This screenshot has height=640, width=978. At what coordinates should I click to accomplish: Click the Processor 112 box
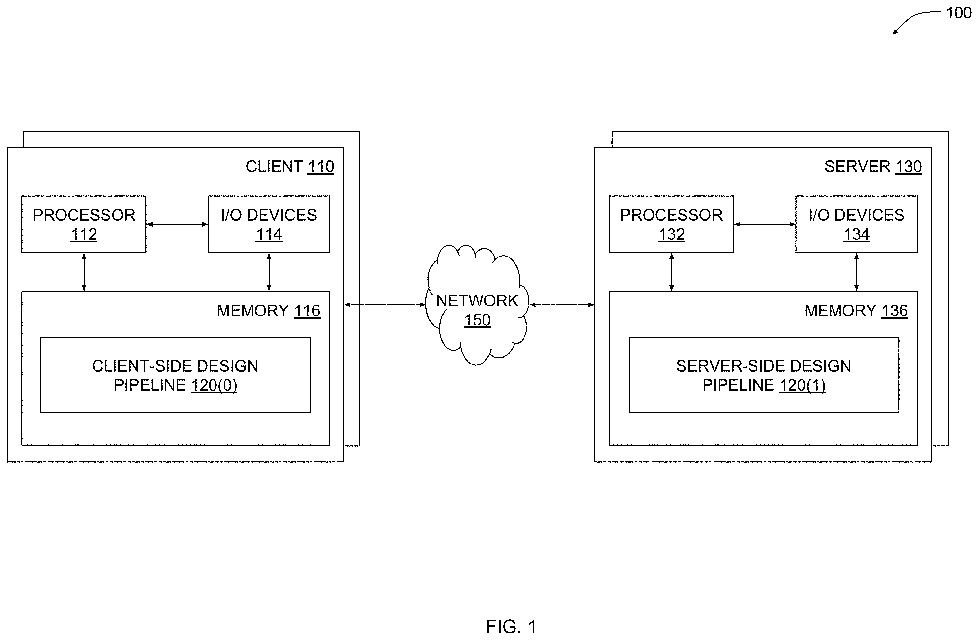[84, 224]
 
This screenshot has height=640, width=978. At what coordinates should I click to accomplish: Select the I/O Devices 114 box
[269, 224]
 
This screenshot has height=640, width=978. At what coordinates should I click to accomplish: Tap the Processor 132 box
[672, 224]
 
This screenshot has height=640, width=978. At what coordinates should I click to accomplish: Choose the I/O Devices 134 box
[857, 224]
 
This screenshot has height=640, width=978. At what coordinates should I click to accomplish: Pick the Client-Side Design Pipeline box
[175, 375]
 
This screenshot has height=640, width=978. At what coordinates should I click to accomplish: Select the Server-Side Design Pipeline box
[764, 375]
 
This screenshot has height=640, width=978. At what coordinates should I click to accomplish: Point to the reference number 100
[959, 13]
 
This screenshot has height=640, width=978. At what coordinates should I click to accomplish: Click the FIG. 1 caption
[511, 627]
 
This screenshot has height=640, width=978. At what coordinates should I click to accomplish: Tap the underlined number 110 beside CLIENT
[321, 167]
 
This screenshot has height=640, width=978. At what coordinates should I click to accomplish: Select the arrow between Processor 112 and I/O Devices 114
[177, 224]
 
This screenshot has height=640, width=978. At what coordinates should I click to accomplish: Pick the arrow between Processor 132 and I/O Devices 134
[765, 224]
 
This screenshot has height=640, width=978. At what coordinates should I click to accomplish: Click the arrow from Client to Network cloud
[384, 305]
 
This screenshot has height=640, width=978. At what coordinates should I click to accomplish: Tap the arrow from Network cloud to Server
[562, 305]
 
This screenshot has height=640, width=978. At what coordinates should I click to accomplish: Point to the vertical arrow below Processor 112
[84, 272]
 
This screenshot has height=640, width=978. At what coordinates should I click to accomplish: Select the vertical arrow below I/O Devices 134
[857, 272]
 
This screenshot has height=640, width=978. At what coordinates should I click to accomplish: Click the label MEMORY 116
[268, 311]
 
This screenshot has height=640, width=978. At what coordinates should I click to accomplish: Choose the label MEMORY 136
[856, 311]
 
